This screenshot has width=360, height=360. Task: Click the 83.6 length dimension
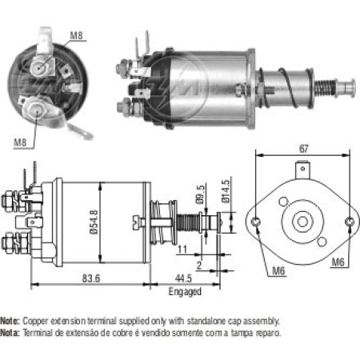coord(91,278)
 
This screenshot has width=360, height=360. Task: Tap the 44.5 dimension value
coord(183,278)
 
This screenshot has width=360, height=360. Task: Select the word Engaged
coord(185,292)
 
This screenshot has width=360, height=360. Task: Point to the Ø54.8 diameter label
coord(94,222)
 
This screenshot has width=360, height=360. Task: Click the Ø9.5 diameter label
coord(201,194)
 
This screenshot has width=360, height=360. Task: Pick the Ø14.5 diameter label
coord(226,191)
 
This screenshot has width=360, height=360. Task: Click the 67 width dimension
coord(304,149)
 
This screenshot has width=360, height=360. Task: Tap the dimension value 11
coord(182,250)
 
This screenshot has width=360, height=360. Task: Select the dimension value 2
coord(199,266)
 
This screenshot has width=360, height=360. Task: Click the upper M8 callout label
coord(76,35)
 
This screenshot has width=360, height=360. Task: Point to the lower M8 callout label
coord(20,142)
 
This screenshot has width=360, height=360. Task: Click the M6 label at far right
coord(338,262)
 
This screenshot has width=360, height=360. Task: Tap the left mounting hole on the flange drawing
coord(256,222)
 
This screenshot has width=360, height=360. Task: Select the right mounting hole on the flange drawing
coord(349,222)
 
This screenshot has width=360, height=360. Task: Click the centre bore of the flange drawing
coord(302,222)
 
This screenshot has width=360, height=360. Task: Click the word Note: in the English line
coord(10,321)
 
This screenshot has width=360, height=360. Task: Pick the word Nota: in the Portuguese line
coord(10,333)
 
